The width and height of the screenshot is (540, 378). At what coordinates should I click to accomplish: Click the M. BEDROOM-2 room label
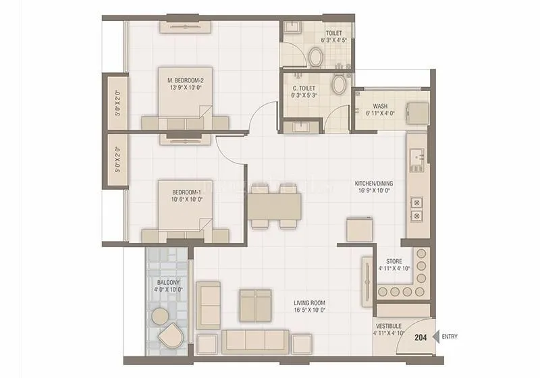click(x=185, y=80)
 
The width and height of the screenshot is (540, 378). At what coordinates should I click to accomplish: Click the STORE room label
click(x=394, y=261)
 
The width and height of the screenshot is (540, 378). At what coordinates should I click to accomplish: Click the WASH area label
click(x=380, y=106)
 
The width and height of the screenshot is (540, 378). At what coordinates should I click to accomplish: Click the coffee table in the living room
click(x=255, y=304)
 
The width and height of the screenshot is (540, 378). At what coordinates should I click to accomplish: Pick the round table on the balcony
click(x=160, y=316)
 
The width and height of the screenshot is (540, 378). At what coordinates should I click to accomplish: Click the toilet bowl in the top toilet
click(x=315, y=57)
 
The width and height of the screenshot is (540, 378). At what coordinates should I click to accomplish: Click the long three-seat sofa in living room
click(x=255, y=341)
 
